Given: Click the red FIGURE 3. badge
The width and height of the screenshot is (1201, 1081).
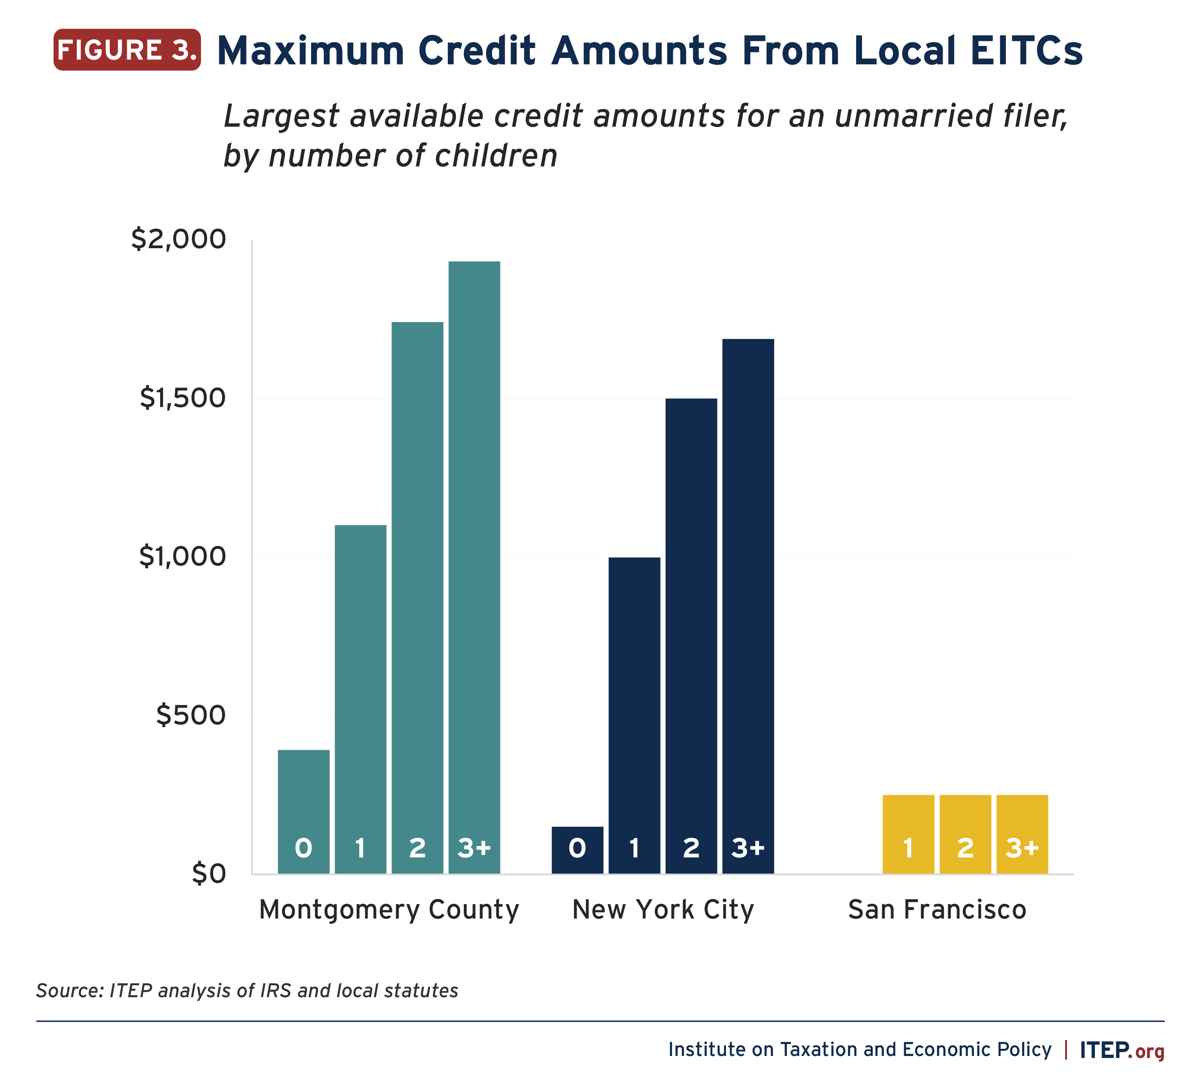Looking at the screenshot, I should point(127,50).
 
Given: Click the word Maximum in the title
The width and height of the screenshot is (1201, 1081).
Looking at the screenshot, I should point(311,51).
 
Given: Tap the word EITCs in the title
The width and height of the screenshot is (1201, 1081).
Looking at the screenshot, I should point(1026,51).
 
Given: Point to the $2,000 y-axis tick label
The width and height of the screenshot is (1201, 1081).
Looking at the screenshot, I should point(179,239).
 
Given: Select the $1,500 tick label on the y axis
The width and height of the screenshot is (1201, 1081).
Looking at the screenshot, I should point(182,398).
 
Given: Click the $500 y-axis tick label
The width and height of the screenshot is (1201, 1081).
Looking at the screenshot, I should point(191,715).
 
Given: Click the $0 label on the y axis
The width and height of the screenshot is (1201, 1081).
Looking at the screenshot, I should point(209,874).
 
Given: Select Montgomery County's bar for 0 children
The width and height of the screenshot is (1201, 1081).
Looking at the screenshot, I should point(304,811).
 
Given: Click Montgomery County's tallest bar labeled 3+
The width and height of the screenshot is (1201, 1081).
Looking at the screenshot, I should point(474,564).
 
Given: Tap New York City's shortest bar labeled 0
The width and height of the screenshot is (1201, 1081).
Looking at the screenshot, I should point(577,850).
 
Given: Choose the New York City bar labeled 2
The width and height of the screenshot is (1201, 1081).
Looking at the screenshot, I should point(691,635).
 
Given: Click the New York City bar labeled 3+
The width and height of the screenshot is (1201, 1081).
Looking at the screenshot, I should point(748,606).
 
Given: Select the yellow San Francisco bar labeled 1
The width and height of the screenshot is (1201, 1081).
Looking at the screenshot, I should point(908,834).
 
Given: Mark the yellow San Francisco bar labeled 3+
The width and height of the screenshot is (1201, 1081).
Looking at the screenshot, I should point(1022,834).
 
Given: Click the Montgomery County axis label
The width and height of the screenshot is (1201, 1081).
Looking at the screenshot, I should point(389,910).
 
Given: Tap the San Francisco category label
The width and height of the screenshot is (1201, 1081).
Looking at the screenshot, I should point(937,910).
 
